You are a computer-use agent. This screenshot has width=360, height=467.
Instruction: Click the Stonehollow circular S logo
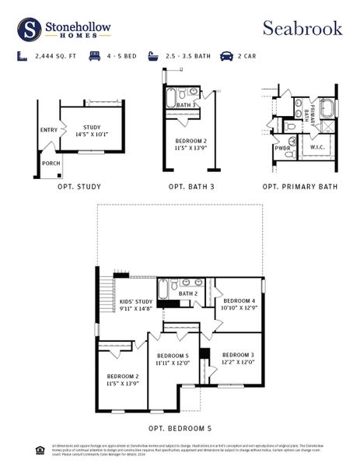pyautogui.click(x=30, y=30)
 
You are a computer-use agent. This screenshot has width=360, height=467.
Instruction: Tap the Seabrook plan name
pyautogui.click(x=302, y=28)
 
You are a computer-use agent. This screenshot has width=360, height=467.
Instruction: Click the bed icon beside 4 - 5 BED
pyautogui.click(x=94, y=56)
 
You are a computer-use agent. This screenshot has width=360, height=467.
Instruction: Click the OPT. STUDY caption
pyautogui.click(x=79, y=187)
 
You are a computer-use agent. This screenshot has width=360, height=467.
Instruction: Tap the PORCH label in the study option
pyautogui.click(x=51, y=163)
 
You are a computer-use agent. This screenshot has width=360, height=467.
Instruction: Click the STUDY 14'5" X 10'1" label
pyautogui.click(x=93, y=130)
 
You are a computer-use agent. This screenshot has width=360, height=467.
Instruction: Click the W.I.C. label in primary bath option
pyautogui.click(x=316, y=146)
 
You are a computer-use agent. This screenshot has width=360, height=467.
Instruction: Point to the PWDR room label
pyautogui.click(x=281, y=147)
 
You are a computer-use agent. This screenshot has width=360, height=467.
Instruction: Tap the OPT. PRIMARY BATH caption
pyautogui.click(x=300, y=187)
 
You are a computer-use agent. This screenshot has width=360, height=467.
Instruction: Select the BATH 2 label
pyautogui.click(x=187, y=293)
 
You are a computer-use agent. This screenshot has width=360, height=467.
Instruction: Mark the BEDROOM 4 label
pyautogui.click(x=239, y=304)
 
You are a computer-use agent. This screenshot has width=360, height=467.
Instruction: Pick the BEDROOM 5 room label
pyautogui.click(x=172, y=359)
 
